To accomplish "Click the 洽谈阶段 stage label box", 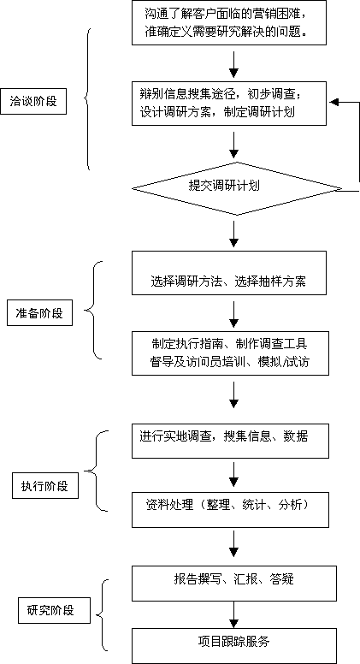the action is pyautogui.click(x=33, y=101).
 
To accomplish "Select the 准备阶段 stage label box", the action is pyautogui.click(x=39, y=313).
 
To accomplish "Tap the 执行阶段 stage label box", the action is pyautogui.click(x=45, y=486).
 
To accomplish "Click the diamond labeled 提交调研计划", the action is pyautogui.click(x=237, y=188).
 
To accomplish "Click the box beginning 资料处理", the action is pyautogui.click(x=230, y=509).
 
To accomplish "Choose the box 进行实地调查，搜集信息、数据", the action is pyautogui.click(x=230, y=441).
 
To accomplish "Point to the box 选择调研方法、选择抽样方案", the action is pyautogui.click(x=229, y=273).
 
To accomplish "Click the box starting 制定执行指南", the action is pyautogui.click(x=230, y=353).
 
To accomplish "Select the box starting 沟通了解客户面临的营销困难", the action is pyautogui.click(x=229, y=22).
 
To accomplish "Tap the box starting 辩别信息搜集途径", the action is pyautogui.click(x=229, y=103).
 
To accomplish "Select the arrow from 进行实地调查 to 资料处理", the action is pyautogui.click(x=233, y=475).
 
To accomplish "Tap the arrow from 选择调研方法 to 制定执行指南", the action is pyautogui.click(x=233, y=313).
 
